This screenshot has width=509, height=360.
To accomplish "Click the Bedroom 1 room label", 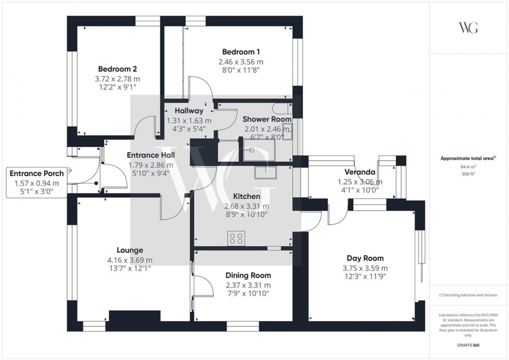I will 241,52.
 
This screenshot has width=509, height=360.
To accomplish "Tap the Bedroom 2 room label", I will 117,69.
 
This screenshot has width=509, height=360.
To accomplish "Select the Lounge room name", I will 130,250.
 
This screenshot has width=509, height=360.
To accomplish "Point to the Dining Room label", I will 248,275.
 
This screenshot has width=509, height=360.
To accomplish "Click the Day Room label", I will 365,258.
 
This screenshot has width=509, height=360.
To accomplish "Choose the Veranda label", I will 360,172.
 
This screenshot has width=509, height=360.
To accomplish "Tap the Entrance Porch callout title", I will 37,174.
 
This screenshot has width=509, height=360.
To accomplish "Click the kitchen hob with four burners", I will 236,238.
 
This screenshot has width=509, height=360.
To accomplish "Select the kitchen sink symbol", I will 265,173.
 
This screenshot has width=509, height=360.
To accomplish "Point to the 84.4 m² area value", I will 465,167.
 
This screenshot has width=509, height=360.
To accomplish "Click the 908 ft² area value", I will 465,174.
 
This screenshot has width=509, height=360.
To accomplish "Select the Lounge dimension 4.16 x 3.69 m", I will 130,260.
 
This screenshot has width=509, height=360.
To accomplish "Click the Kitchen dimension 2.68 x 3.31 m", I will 246,206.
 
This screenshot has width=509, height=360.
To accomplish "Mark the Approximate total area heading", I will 465,158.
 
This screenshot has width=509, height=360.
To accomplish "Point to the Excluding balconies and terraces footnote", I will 467,295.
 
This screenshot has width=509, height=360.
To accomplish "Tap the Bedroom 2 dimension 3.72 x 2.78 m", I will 117,79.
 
